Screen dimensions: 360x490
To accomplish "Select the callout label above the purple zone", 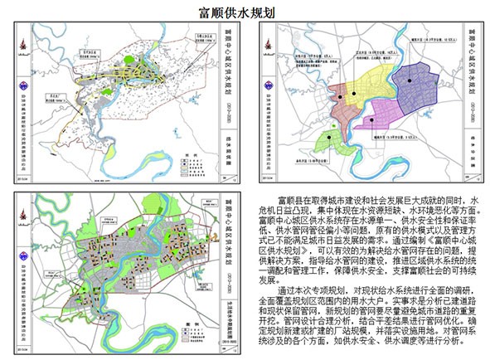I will click(420, 37).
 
